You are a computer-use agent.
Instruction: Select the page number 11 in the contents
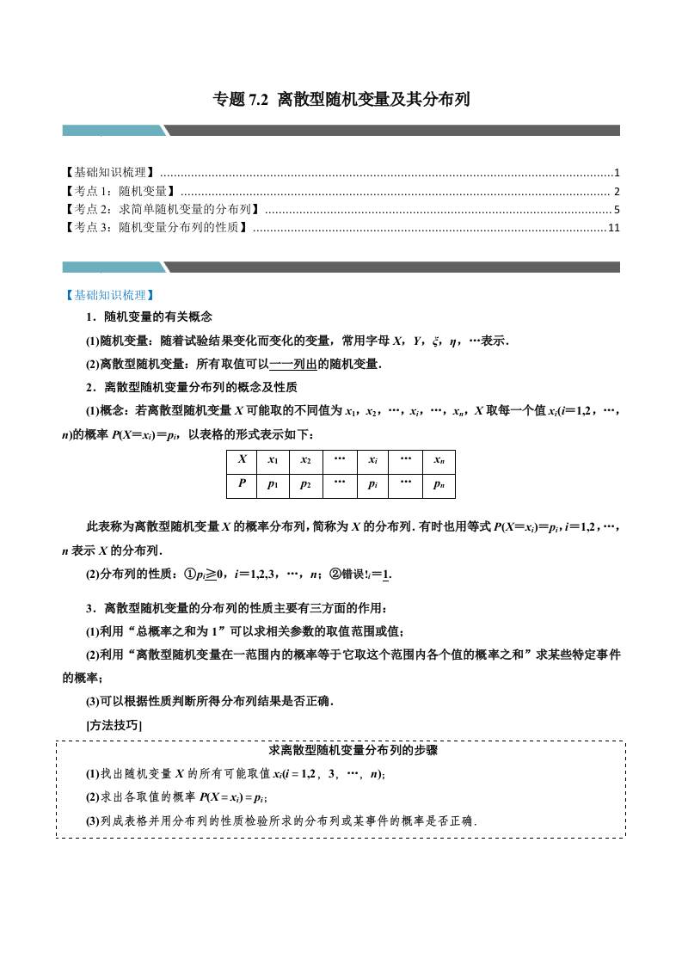click(613, 228)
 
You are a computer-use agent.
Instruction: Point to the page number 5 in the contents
click(617, 209)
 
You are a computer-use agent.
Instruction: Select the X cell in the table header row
click(242, 460)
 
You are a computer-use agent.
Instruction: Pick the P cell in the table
click(242, 484)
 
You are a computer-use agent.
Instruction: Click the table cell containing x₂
click(305, 460)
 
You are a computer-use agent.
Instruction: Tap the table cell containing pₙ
click(439, 484)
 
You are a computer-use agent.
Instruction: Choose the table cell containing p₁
click(273, 484)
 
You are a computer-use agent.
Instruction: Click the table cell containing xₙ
click(439, 460)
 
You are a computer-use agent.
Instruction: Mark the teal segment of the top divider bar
click(113, 130)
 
